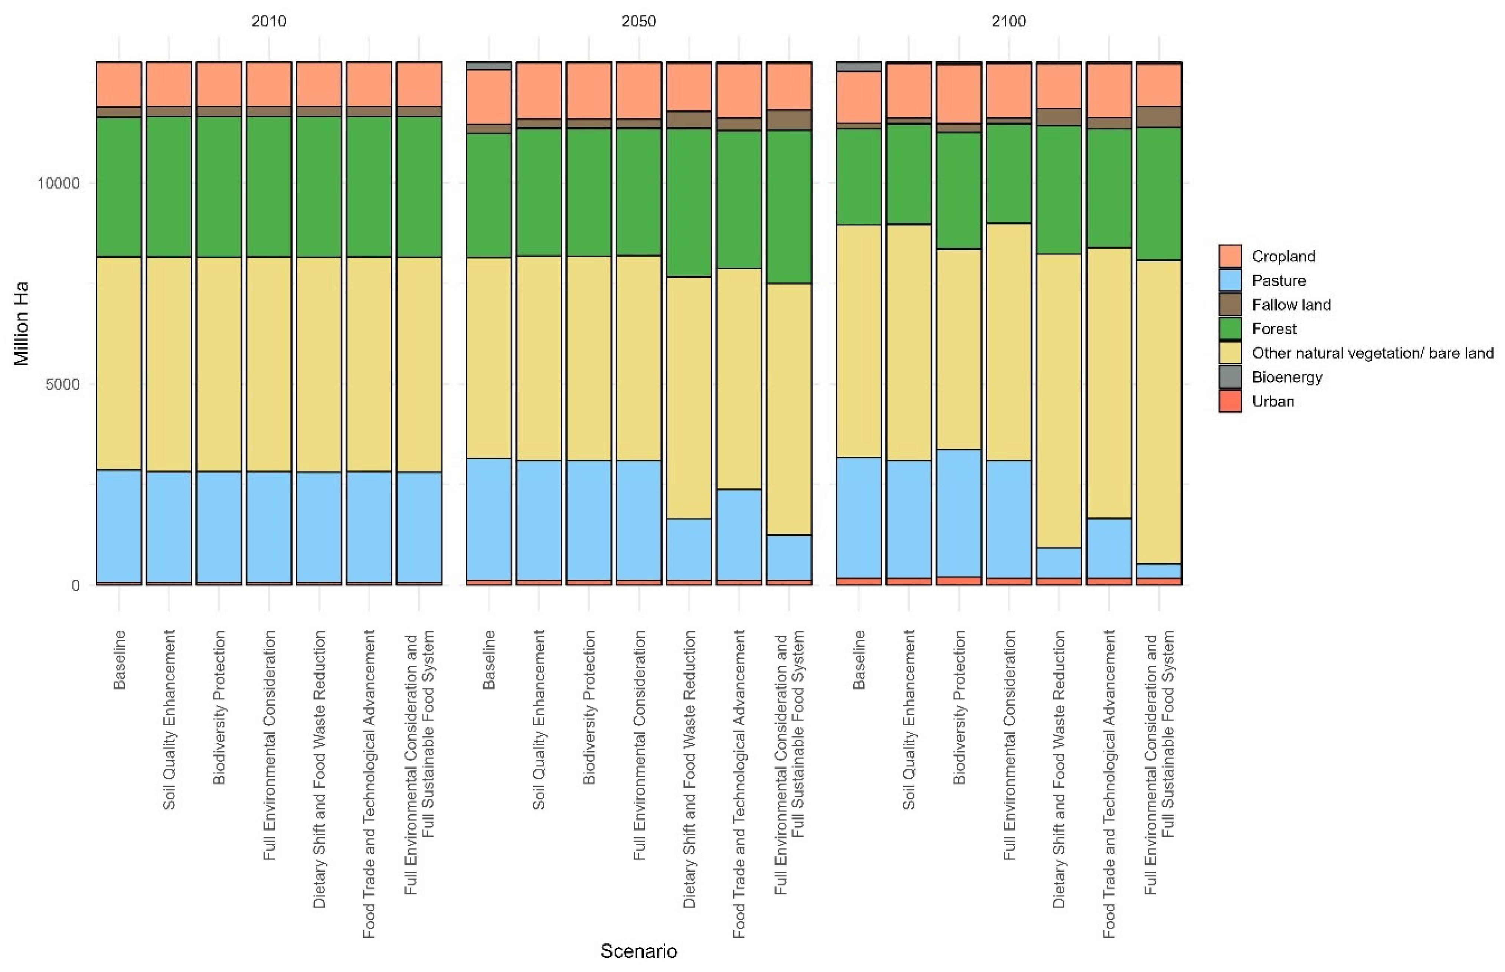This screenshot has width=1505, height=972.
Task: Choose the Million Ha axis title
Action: point(22,323)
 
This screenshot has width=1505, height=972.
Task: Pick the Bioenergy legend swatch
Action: point(1230,377)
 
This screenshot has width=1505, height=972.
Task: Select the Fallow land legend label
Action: point(1291,304)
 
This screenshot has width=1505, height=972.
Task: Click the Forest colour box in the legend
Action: point(1230,328)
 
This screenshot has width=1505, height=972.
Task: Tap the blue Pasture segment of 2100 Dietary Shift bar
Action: point(1059,563)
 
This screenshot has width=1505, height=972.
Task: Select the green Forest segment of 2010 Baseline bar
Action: point(119,187)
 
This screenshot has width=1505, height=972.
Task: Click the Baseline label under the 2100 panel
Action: point(859,660)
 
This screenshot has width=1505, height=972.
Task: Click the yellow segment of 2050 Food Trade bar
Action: point(739,379)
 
